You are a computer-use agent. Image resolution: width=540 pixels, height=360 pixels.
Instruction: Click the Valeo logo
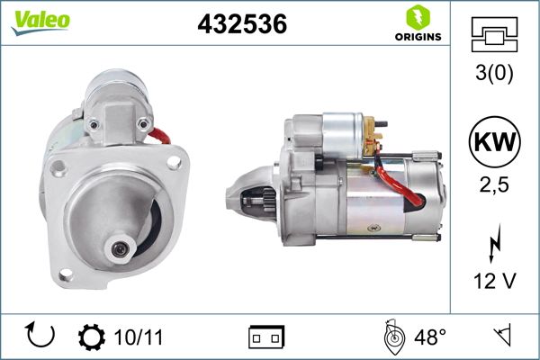(40, 22)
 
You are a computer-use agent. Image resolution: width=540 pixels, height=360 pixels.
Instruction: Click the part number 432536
(242, 24)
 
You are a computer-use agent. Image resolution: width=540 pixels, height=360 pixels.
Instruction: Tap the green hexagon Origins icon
(418, 17)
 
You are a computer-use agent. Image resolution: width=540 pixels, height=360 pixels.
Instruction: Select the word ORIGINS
(418, 37)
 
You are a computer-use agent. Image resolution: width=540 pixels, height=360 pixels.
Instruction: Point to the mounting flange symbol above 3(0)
(494, 34)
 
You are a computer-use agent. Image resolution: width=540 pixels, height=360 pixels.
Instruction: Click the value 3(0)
(494, 73)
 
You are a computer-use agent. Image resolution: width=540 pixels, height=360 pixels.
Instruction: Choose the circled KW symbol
(494, 141)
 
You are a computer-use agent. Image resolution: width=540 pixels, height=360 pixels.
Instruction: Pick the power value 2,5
(494, 185)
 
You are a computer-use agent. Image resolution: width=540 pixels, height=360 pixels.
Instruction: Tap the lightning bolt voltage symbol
(494, 243)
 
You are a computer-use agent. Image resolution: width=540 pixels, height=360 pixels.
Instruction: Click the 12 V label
(494, 281)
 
